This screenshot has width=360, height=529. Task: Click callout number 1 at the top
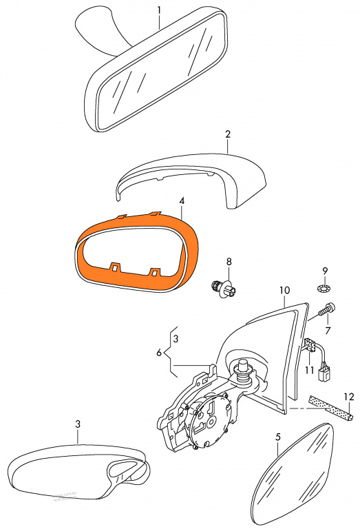click(x=159, y=10)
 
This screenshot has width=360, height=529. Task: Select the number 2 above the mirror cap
click(x=228, y=134)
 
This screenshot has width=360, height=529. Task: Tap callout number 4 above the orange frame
click(x=182, y=201)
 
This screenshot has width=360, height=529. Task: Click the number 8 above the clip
click(x=229, y=261)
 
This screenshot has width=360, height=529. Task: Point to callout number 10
click(x=284, y=290)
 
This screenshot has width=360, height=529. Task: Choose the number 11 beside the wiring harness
click(x=310, y=370)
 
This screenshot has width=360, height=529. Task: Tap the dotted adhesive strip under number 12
click(x=330, y=408)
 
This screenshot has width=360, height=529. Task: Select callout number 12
click(x=349, y=397)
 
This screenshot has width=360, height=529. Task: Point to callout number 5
click(x=278, y=437)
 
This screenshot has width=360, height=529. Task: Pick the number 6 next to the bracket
click(x=159, y=353)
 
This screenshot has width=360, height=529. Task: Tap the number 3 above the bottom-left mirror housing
click(x=78, y=424)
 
